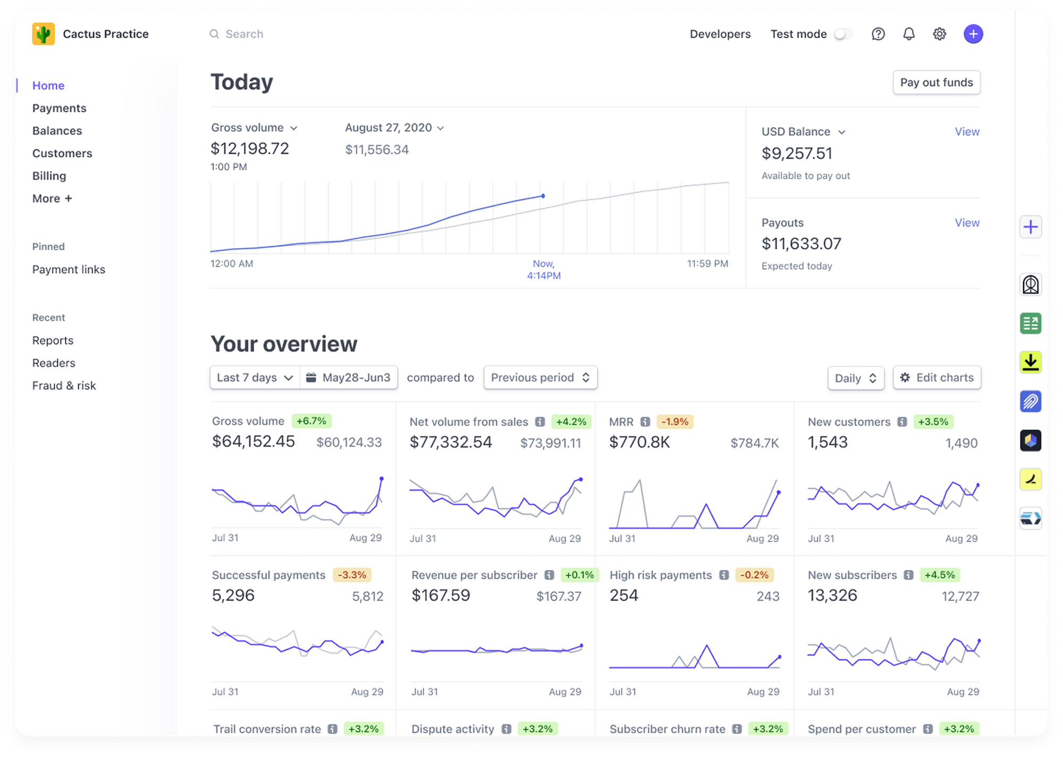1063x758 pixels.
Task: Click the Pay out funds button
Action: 936,82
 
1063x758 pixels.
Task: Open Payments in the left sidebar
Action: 59,108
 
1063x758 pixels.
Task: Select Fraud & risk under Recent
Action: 64,386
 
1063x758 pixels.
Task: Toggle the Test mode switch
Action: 843,34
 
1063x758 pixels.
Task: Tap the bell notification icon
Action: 909,34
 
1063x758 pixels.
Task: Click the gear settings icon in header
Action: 939,34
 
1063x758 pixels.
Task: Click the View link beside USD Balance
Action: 966,131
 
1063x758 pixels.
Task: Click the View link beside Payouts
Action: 966,222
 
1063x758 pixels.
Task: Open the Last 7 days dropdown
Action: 255,378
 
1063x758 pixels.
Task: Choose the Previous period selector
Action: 540,378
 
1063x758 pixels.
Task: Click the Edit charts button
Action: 937,378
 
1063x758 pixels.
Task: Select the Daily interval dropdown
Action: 855,378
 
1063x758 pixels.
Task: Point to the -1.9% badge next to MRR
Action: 674,422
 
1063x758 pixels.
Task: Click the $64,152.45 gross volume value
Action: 253,442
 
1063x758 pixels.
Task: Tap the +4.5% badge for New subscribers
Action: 939,575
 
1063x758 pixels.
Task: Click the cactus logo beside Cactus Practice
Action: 44,34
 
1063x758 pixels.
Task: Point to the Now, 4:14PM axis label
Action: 543,270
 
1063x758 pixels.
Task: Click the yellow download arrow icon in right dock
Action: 1030,362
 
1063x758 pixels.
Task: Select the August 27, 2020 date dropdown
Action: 394,128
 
